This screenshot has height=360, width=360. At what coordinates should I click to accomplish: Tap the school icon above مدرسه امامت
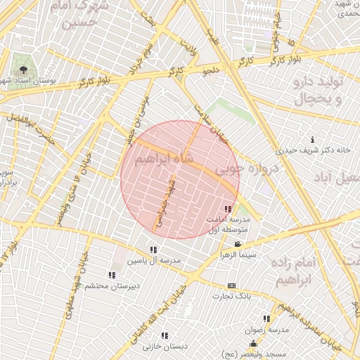pos(227,210)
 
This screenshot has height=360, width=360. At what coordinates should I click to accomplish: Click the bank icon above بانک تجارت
pos(232,285)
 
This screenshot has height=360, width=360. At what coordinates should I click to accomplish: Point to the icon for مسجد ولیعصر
pos(253,343)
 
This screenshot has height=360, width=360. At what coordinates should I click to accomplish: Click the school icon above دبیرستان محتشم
pos(111,275)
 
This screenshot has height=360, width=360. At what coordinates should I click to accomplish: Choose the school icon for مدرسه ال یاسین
pos(153,250)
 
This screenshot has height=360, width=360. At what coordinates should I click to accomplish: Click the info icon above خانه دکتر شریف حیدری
pos(312,140)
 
